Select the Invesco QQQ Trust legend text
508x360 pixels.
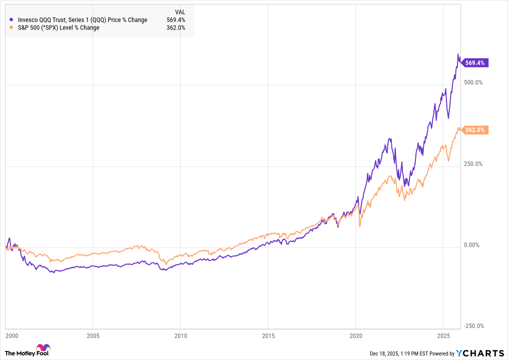point(82,20)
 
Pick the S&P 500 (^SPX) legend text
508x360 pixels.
point(58,27)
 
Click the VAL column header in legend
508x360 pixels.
point(180,12)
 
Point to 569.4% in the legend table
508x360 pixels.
point(176,20)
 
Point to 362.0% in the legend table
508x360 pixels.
point(176,27)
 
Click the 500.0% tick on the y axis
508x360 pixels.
point(472,82)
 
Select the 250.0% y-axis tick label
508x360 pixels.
point(472,164)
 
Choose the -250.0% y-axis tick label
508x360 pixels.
point(473,326)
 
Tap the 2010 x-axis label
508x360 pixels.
point(180,334)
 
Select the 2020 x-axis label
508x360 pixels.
point(355,334)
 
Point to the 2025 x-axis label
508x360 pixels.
point(443,334)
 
